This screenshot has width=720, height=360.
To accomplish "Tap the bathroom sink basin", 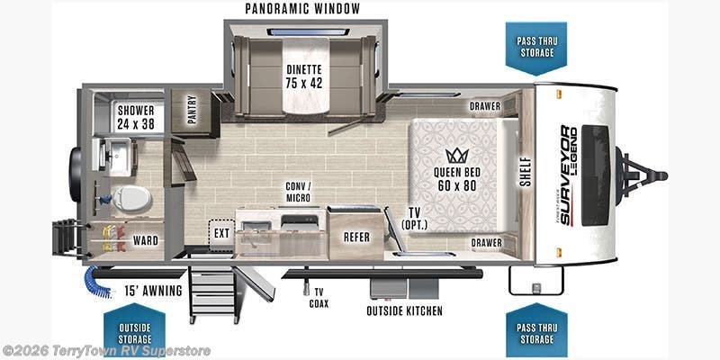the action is tap(121, 155).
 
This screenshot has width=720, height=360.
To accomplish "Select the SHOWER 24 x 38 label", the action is tap(136, 117).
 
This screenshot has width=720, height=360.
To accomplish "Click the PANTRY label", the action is tap(192, 109).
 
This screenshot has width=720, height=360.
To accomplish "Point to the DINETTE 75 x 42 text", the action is tap(303, 76).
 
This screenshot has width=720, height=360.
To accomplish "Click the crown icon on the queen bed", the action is tap(456, 155).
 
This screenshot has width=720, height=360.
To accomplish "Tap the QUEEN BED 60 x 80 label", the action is tap(457, 179).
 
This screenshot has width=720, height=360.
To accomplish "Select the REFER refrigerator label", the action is tap(356, 237).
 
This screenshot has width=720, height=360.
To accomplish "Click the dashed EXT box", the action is tap(221, 234).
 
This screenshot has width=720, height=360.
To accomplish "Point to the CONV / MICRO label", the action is tap(298, 192).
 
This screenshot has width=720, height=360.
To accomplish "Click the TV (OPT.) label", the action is tap(414, 219).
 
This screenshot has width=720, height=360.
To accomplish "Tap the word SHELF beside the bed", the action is tap(526, 172).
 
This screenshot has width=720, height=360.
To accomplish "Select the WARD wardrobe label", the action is tap(146, 240).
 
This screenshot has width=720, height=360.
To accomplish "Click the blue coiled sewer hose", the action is tap(97, 282).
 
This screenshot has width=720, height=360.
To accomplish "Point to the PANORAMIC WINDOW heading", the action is tap(302, 8).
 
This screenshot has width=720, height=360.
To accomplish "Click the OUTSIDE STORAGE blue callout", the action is tap(134, 328).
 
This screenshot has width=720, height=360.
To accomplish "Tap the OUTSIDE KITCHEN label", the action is tap(404, 310).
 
